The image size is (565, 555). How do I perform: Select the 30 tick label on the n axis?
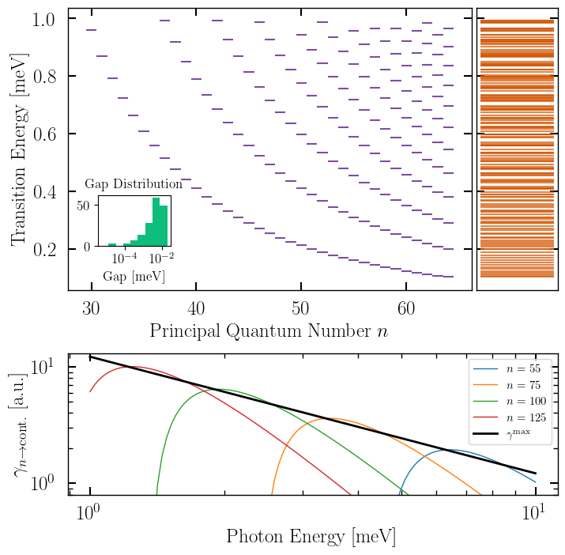(x=92, y=308)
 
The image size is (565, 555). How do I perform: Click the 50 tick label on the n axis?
(x=299, y=308)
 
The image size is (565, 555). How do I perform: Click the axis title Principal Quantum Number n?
(x=269, y=332)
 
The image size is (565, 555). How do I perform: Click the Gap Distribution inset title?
(x=134, y=184)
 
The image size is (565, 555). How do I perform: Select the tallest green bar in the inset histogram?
(x=156, y=222)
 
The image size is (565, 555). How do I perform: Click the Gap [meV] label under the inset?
(x=134, y=277)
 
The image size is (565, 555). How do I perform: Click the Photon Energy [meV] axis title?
(x=311, y=537)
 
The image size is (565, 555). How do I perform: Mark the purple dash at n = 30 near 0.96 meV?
(x=91, y=30)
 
